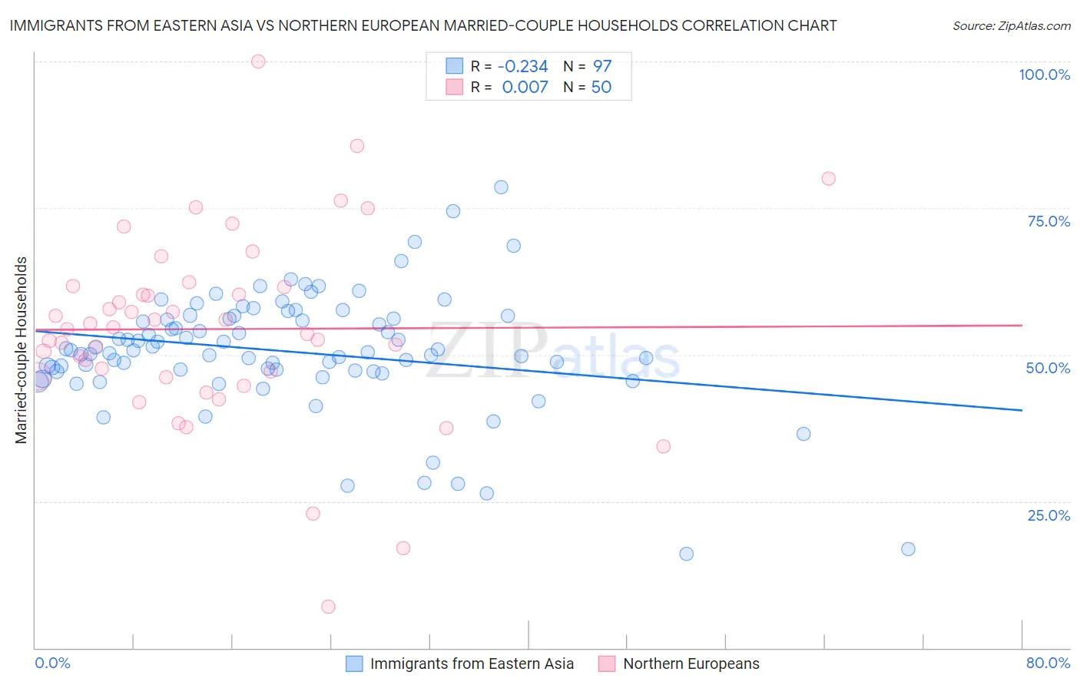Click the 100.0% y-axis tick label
click(1044, 74)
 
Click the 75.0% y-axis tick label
click(1049, 221)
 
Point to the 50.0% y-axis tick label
click(1048, 368)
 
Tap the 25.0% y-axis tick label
click(1049, 515)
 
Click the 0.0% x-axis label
click(52, 663)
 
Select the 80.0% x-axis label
click(1048, 663)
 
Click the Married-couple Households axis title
click(22, 349)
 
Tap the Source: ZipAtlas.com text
click(1011, 25)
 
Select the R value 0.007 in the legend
click(525, 88)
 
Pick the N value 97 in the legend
click(601, 66)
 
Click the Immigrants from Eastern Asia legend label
click(472, 663)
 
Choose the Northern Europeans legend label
click(691, 663)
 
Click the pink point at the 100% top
click(258, 61)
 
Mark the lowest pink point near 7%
click(328, 607)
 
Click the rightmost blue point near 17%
click(908, 549)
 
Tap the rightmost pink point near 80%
click(828, 178)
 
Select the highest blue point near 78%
click(501, 187)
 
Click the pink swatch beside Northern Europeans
click(607, 663)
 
